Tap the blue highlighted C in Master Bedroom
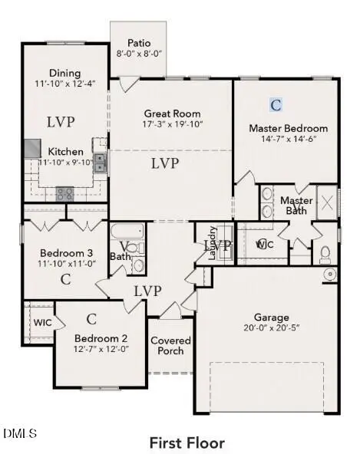276,104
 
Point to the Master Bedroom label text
288,128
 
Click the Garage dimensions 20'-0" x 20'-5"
272,328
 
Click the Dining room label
65,74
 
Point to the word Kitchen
66,152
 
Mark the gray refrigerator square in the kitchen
31,148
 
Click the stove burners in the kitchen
64,193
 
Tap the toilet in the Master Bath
325,252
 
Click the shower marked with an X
327,203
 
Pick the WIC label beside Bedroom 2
42,322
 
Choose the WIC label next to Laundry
264,244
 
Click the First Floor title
187,442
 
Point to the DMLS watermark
19,434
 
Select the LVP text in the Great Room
165,163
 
